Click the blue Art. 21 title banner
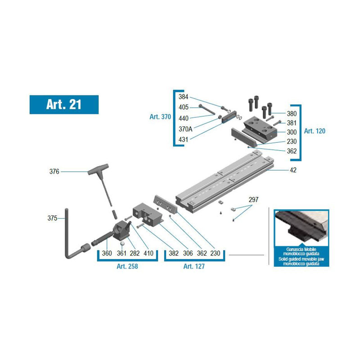tap(64, 105)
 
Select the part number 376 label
tap(54, 171)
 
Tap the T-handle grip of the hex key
tap(98, 169)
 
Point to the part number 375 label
tap(52, 218)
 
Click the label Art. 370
tap(160, 117)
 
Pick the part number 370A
tap(185, 129)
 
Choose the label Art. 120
tap(315, 131)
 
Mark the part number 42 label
tap(293, 170)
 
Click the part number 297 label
tap(253, 200)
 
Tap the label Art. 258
tap(127, 266)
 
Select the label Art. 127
tap(194, 266)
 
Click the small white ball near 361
tap(122, 243)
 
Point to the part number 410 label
tap(148, 253)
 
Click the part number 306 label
tap(188, 253)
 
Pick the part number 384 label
tap(184, 97)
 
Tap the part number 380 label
tap(292, 114)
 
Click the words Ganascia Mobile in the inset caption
tap(301, 249)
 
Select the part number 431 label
tap(184, 139)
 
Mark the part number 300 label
tap(292, 132)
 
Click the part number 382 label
tap(174, 253)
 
